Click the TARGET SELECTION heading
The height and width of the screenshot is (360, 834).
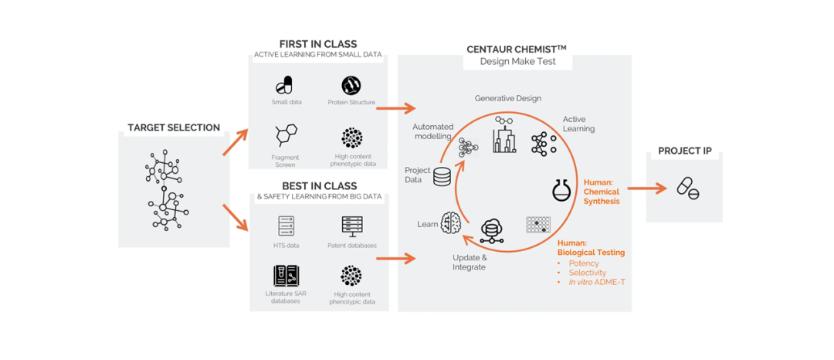click(174, 127)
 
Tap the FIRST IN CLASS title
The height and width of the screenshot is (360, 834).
click(318, 44)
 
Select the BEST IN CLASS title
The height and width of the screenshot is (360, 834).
click(319, 186)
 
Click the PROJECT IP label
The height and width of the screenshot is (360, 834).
click(684, 151)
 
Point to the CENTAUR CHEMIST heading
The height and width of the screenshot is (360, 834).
click(516, 49)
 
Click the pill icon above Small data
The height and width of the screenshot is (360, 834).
click(286, 85)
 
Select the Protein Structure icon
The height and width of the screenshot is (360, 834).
click(351, 85)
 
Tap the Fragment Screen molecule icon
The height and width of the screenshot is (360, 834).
click(286, 136)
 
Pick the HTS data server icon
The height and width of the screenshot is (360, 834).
click(286, 226)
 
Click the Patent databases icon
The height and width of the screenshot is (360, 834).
click(351, 226)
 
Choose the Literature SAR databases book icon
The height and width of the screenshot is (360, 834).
click(286, 276)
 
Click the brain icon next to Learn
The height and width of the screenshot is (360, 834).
click(451, 222)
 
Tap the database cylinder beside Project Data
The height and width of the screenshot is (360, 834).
click(442, 177)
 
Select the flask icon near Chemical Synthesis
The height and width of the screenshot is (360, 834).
click(561, 190)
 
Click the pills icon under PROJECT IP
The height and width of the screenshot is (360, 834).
click(687, 188)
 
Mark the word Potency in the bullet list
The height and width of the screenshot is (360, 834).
click(583, 263)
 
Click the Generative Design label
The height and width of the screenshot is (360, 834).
click(507, 98)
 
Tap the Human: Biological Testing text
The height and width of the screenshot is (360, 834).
click(591, 247)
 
